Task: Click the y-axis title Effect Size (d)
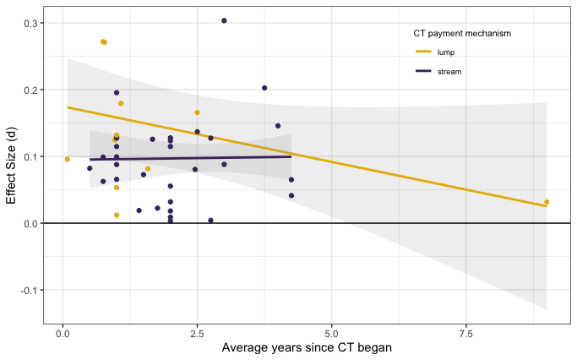click(x=12, y=166)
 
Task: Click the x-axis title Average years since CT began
click(x=306, y=348)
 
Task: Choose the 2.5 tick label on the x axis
click(x=197, y=332)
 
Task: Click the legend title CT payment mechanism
click(x=461, y=34)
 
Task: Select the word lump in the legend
click(x=446, y=52)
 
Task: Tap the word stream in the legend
click(x=449, y=72)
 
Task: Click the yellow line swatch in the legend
click(x=423, y=52)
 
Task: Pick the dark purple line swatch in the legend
click(x=423, y=72)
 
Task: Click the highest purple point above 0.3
click(x=224, y=20)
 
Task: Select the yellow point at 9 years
click(x=547, y=202)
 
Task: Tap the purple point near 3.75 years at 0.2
click(x=264, y=88)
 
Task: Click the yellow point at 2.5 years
click(x=197, y=112)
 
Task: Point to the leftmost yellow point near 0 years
click(x=68, y=159)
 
